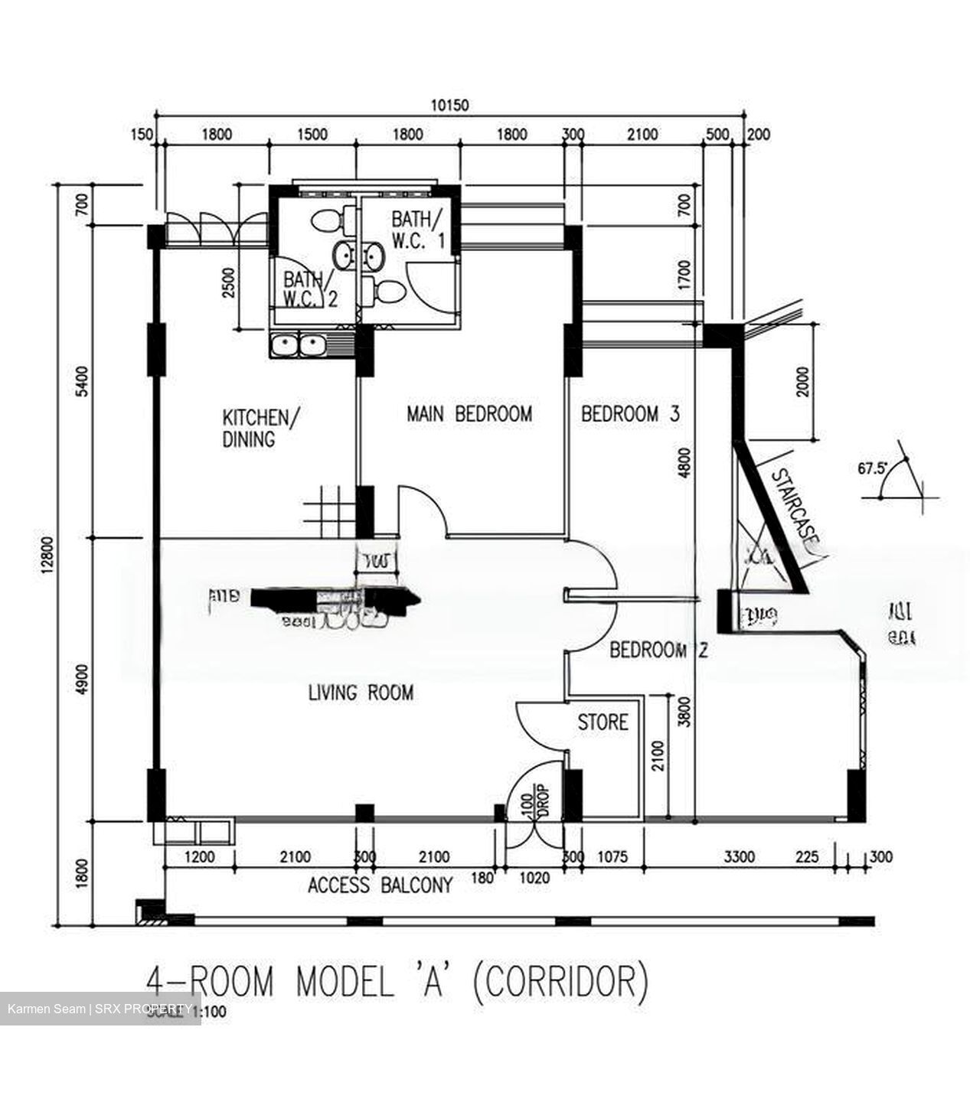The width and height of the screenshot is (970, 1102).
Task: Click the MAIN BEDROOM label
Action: click(x=469, y=414)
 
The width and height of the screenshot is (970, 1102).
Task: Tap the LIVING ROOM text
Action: click(x=361, y=693)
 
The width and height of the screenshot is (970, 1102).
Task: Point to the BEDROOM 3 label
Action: click(x=630, y=414)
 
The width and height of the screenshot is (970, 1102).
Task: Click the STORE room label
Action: click(x=603, y=722)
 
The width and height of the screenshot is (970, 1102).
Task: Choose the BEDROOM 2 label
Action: click(x=658, y=651)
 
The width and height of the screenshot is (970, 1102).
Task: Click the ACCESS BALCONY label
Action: click(x=380, y=885)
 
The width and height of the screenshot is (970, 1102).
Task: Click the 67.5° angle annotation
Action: click(x=870, y=468)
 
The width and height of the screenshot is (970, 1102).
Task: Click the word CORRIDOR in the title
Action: click(x=559, y=983)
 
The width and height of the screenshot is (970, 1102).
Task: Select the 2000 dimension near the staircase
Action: click(x=802, y=380)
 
